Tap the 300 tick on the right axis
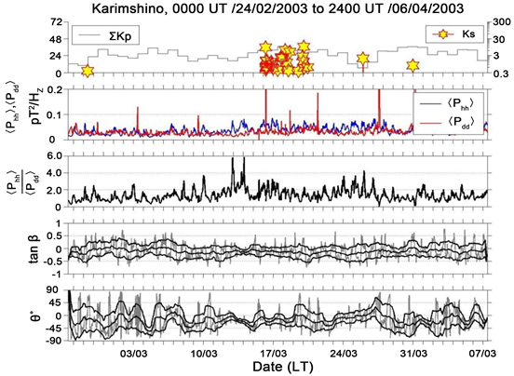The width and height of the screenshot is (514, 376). coord(502,20)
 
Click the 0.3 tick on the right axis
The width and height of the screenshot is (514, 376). coord(502,74)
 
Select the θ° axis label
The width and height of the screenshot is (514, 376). coord(13,318)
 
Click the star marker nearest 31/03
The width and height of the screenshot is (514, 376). coord(413,65)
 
